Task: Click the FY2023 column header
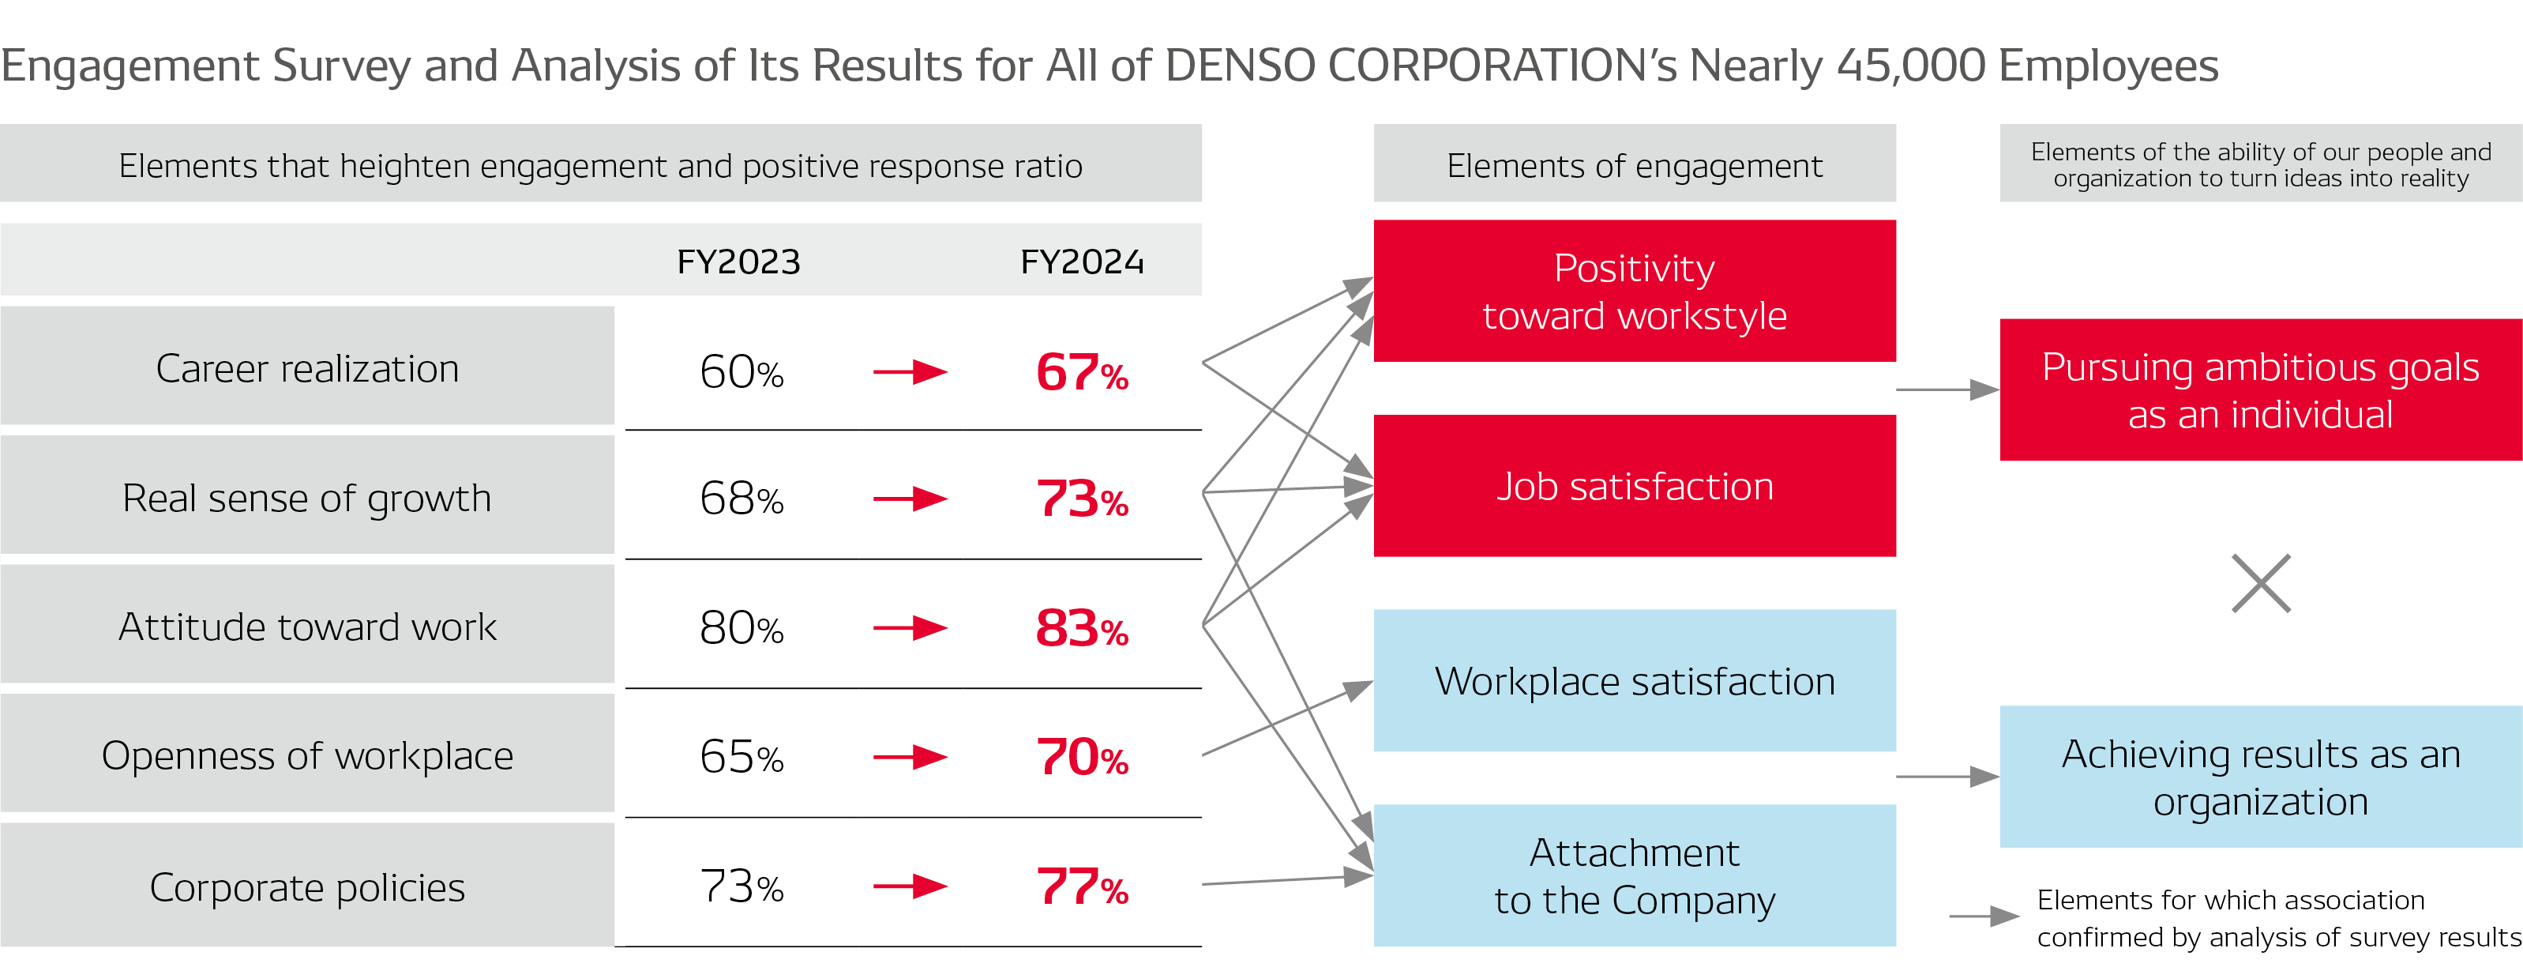(x=738, y=262)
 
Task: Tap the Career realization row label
(x=306, y=368)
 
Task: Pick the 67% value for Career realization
(x=1081, y=372)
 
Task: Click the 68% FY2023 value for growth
(x=742, y=499)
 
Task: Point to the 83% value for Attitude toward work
(x=1081, y=628)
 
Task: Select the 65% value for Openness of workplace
(x=742, y=756)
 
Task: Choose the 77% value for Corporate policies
(x=1081, y=886)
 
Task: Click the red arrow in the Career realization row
(x=910, y=372)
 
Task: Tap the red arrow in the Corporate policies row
(x=910, y=886)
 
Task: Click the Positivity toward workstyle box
(x=1634, y=291)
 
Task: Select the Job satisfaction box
(x=1634, y=486)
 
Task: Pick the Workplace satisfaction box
(x=1634, y=681)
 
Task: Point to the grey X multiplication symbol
(x=2261, y=584)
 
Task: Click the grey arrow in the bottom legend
(x=1984, y=917)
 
